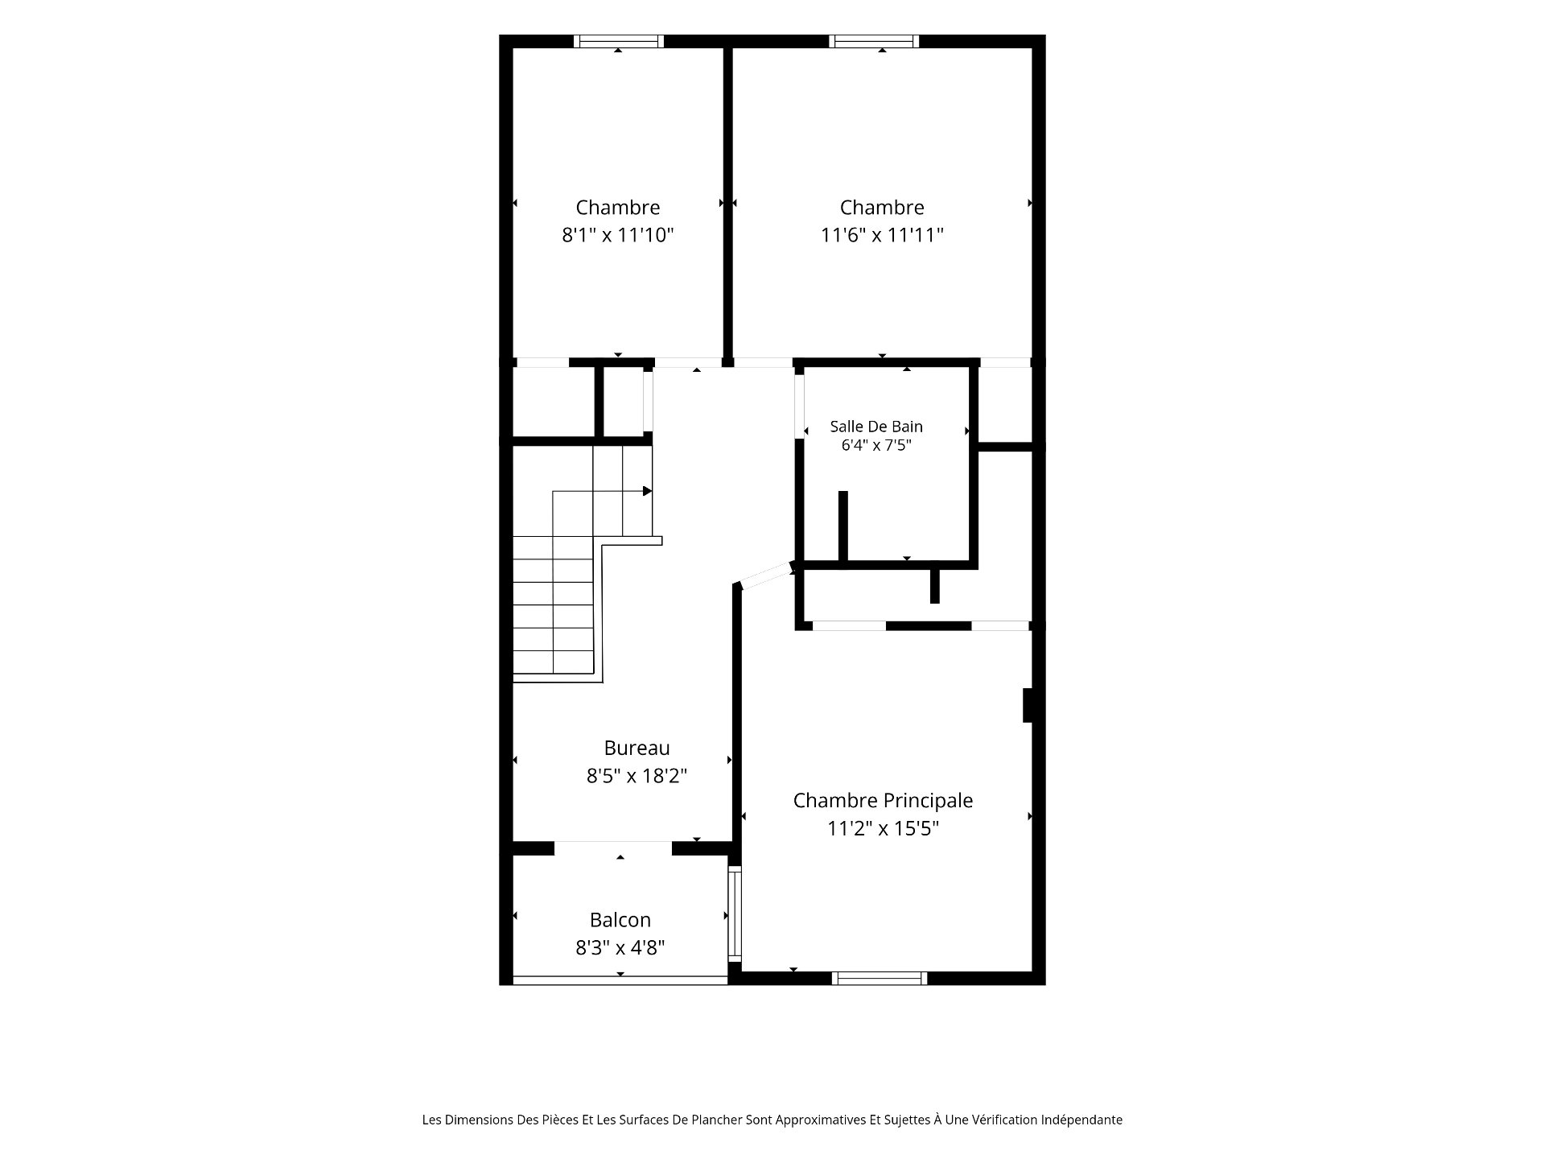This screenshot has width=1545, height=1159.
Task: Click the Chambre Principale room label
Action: click(x=883, y=801)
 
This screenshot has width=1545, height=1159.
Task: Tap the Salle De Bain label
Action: click(x=876, y=427)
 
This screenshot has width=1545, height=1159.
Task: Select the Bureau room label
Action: click(x=637, y=748)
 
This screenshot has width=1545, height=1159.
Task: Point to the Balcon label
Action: click(x=620, y=920)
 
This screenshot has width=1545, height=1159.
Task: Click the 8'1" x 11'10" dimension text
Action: click(x=617, y=235)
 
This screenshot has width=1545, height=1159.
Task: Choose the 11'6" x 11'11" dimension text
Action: click(x=882, y=235)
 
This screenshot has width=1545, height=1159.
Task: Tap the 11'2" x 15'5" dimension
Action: click(x=883, y=828)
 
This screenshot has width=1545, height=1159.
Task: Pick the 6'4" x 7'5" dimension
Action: click(x=876, y=445)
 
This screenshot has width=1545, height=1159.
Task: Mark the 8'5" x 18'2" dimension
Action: click(x=637, y=776)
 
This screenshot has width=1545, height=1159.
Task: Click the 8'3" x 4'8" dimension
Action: click(x=620, y=948)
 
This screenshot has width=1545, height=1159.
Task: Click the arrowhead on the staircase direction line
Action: click(x=647, y=491)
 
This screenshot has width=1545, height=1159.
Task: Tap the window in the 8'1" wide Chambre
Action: click(x=619, y=41)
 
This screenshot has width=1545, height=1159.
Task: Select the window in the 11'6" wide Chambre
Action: click(x=874, y=41)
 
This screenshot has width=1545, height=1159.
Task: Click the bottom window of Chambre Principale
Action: click(x=880, y=978)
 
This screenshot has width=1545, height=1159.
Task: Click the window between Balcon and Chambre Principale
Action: click(x=735, y=914)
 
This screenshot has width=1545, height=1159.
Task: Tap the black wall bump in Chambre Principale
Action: click(x=1028, y=705)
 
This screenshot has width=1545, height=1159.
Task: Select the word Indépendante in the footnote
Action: click(x=1081, y=1120)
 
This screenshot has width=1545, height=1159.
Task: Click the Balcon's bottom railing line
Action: click(x=620, y=980)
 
